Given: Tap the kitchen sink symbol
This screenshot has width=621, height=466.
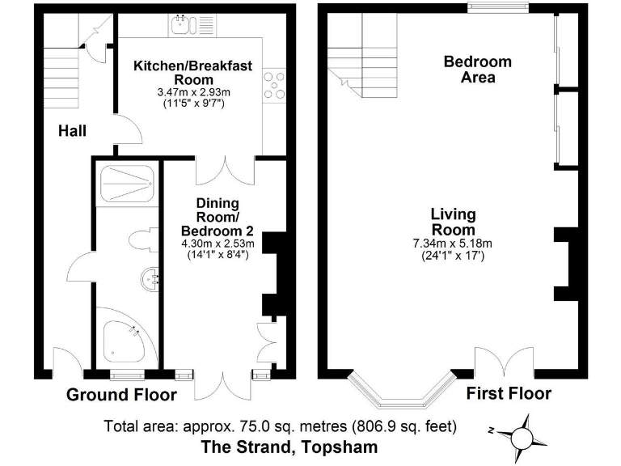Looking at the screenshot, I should [x=182, y=25].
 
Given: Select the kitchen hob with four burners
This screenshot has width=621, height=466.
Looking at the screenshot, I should [x=274, y=84].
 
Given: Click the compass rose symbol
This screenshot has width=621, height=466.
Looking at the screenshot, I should [x=521, y=437].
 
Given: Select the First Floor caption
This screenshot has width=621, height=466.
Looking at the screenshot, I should [x=509, y=393].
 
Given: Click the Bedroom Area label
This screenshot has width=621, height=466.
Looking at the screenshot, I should [x=478, y=70].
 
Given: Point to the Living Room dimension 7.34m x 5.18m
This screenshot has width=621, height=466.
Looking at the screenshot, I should [x=452, y=243].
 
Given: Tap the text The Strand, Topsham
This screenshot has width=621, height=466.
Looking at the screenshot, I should [x=289, y=447].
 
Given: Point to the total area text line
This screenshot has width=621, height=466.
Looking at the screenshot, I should [x=281, y=426].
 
